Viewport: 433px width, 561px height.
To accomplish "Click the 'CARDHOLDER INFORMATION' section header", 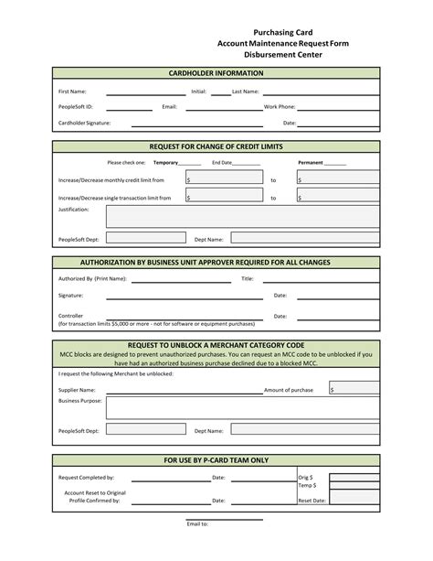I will pos(216,72).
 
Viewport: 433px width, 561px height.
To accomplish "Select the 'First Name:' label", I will pos(72,92).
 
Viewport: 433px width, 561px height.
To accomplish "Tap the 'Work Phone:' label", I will pos(280,107).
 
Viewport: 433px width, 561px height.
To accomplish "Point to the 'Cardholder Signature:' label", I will pos(85,122).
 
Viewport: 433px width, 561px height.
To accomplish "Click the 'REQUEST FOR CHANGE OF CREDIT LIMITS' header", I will pos(216,146).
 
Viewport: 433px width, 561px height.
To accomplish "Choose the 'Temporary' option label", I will pos(165,163).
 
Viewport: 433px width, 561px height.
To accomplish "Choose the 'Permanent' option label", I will pos(311,163).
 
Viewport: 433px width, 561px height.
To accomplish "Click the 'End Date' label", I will pos(222,163).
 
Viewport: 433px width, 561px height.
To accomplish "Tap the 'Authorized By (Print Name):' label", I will pos(92,278).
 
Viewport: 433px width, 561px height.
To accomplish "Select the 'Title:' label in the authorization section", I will pos(247,278).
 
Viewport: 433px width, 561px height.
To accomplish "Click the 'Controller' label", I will pos(71,316).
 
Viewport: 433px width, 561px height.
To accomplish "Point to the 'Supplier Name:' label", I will pos(77,389).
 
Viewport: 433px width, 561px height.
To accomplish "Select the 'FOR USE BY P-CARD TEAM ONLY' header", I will pos(216,460).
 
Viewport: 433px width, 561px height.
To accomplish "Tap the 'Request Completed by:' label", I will pos(86,478).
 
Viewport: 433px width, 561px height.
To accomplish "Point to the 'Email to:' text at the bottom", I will pos(198,524).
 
